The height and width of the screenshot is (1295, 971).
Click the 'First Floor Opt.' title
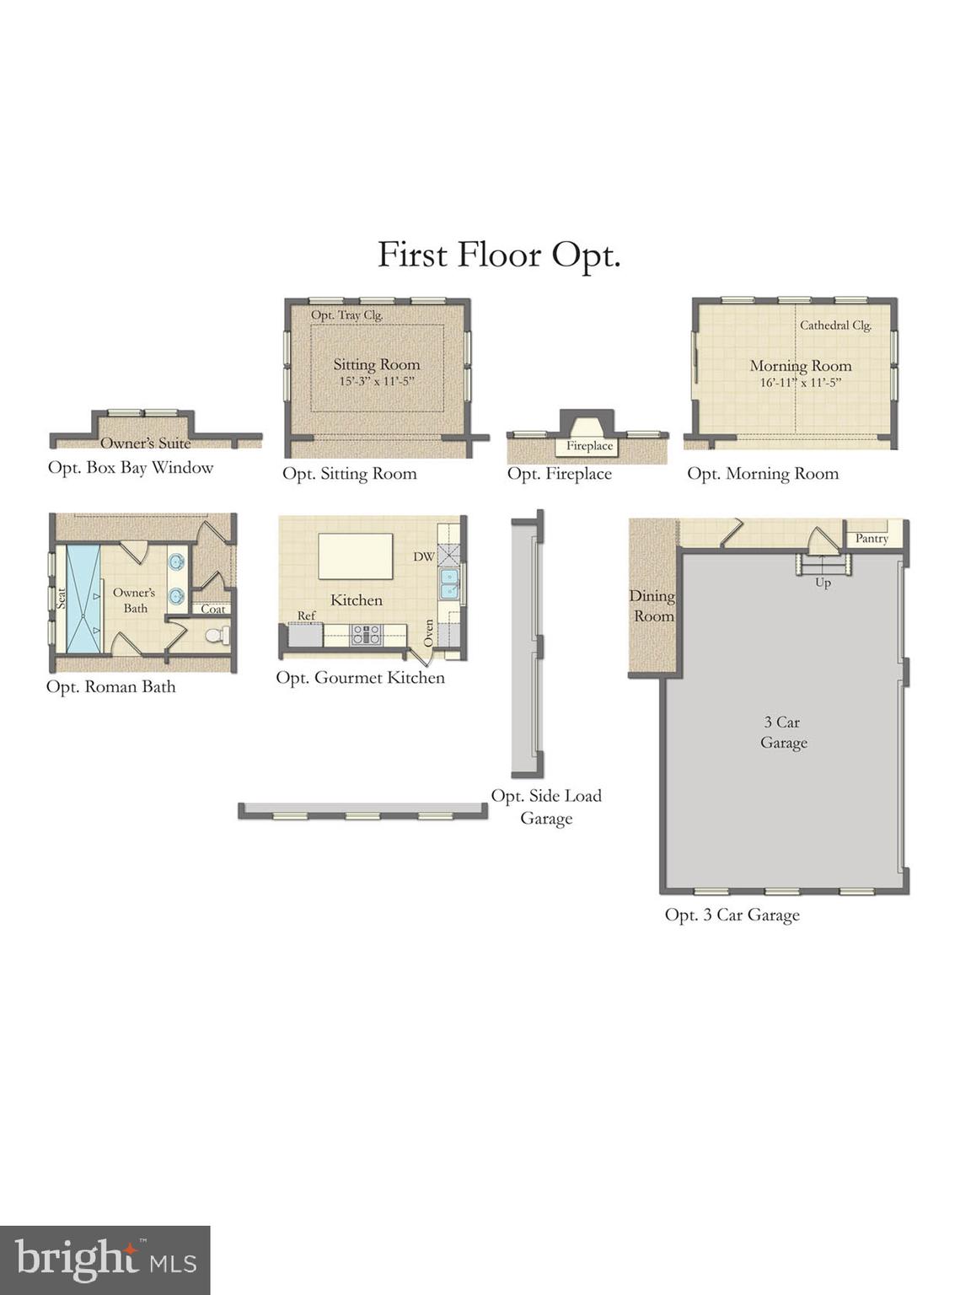click(499, 255)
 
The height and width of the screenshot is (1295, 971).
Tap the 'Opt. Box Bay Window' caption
click(131, 468)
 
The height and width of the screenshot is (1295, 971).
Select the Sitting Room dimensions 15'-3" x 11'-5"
click(376, 382)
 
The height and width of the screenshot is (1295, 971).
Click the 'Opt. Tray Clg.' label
click(346, 315)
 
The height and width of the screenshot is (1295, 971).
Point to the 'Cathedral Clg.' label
click(834, 325)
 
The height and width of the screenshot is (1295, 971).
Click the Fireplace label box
click(589, 446)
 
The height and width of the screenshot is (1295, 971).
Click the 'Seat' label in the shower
click(62, 598)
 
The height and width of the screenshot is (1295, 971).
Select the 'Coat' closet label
click(212, 609)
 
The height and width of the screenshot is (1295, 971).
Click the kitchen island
click(355, 556)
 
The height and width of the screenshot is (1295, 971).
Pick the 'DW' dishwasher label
click(424, 557)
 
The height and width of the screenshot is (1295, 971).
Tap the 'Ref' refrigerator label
click(306, 616)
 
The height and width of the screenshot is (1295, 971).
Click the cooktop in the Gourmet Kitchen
click(366, 635)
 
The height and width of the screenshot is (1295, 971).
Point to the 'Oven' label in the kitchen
click(429, 633)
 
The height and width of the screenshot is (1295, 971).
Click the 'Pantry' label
click(872, 538)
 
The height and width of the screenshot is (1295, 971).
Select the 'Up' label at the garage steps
click(823, 583)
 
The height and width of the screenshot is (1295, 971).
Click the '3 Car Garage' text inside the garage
click(783, 732)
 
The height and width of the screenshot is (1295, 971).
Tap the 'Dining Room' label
click(652, 605)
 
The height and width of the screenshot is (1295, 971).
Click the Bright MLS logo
click(105, 1260)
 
